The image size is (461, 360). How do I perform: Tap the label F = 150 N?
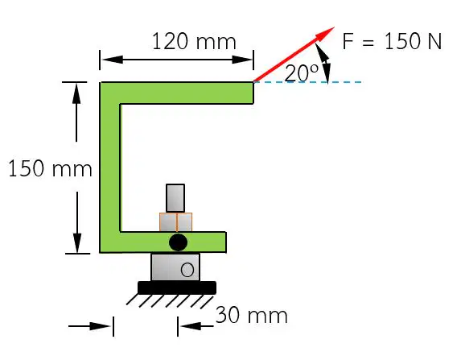tap(392, 41)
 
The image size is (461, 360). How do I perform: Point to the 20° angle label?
tap(302, 73)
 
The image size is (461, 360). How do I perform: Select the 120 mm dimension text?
tap(194, 41)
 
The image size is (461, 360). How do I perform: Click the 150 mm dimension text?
tap(50, 168)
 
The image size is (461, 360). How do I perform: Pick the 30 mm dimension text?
tap(251, 315)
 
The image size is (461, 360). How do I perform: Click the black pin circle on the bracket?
tap(178, 242)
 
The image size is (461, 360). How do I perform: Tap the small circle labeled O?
tap(187, 270)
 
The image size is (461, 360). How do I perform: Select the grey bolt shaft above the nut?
tap(175, 198)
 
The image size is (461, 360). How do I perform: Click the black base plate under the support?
tap(177, 288)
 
